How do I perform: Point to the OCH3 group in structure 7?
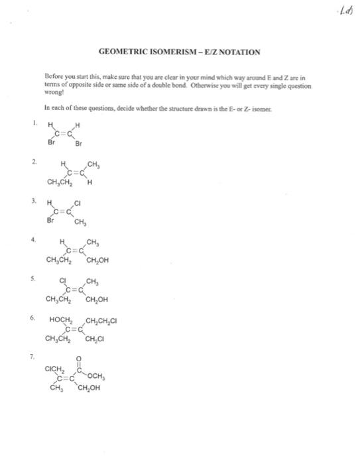(97, 378)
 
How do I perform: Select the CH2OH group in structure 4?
(95, 260)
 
